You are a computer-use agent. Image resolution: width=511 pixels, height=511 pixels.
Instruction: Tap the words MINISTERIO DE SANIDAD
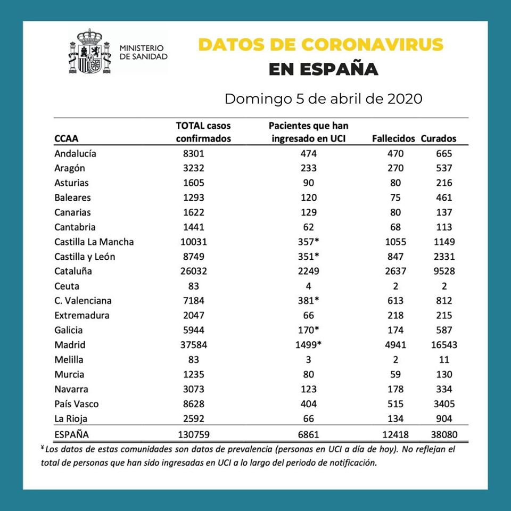tap(143, 52)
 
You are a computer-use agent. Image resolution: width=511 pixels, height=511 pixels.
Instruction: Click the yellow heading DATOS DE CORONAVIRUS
tap(321, 45)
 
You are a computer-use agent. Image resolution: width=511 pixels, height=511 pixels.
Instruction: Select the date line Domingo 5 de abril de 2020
tap(324, 100)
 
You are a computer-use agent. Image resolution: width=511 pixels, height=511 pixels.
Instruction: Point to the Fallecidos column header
tap(393, 139)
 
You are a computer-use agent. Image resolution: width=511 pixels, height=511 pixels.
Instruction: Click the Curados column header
tap(439, 139)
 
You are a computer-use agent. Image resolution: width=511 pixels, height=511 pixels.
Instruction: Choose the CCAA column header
tap(67, 139)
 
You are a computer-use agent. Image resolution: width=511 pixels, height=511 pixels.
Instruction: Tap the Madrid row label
tap(70, 345)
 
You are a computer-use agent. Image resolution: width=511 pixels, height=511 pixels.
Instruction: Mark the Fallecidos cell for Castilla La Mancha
tap(394, 242)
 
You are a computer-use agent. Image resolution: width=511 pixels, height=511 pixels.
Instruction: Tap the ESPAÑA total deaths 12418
tap(394, 434)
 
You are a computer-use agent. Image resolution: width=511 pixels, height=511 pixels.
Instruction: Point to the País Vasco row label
tap(77, 404)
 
